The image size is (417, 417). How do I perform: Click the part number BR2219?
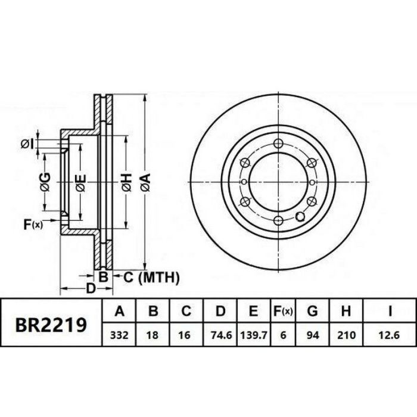point(51,325)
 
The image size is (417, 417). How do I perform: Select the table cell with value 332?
point(119,335)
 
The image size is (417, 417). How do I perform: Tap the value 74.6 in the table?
point(221,335)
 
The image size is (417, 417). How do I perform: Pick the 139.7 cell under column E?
point(254,335)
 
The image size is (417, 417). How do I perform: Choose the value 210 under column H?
point(346,335)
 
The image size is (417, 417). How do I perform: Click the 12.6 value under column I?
point(390,335)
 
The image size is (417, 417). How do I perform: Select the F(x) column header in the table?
point(283,310)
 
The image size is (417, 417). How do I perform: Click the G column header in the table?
point(313,310)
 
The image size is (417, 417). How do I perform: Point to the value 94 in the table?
point(313,335)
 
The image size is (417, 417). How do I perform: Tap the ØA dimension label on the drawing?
point(146,182)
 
